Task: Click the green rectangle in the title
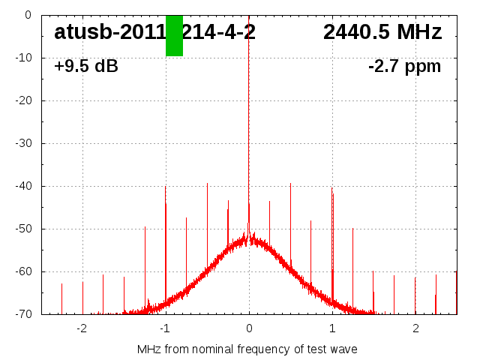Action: pos(174,35)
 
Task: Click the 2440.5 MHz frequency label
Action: pos(382,32)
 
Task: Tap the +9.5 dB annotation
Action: pos(86,67)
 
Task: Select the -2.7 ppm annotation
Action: pos(404,67)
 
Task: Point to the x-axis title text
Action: pos(247,349)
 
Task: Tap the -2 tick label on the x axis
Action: pos(82,328)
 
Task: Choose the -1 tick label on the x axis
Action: pos(165,328)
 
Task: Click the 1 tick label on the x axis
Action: pos(332,328)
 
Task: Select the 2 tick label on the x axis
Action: pos(415,328)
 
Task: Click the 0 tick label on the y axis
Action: pos(27,15)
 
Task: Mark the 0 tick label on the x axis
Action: pos(249,328)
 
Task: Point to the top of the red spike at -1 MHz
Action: pos(166,187)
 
